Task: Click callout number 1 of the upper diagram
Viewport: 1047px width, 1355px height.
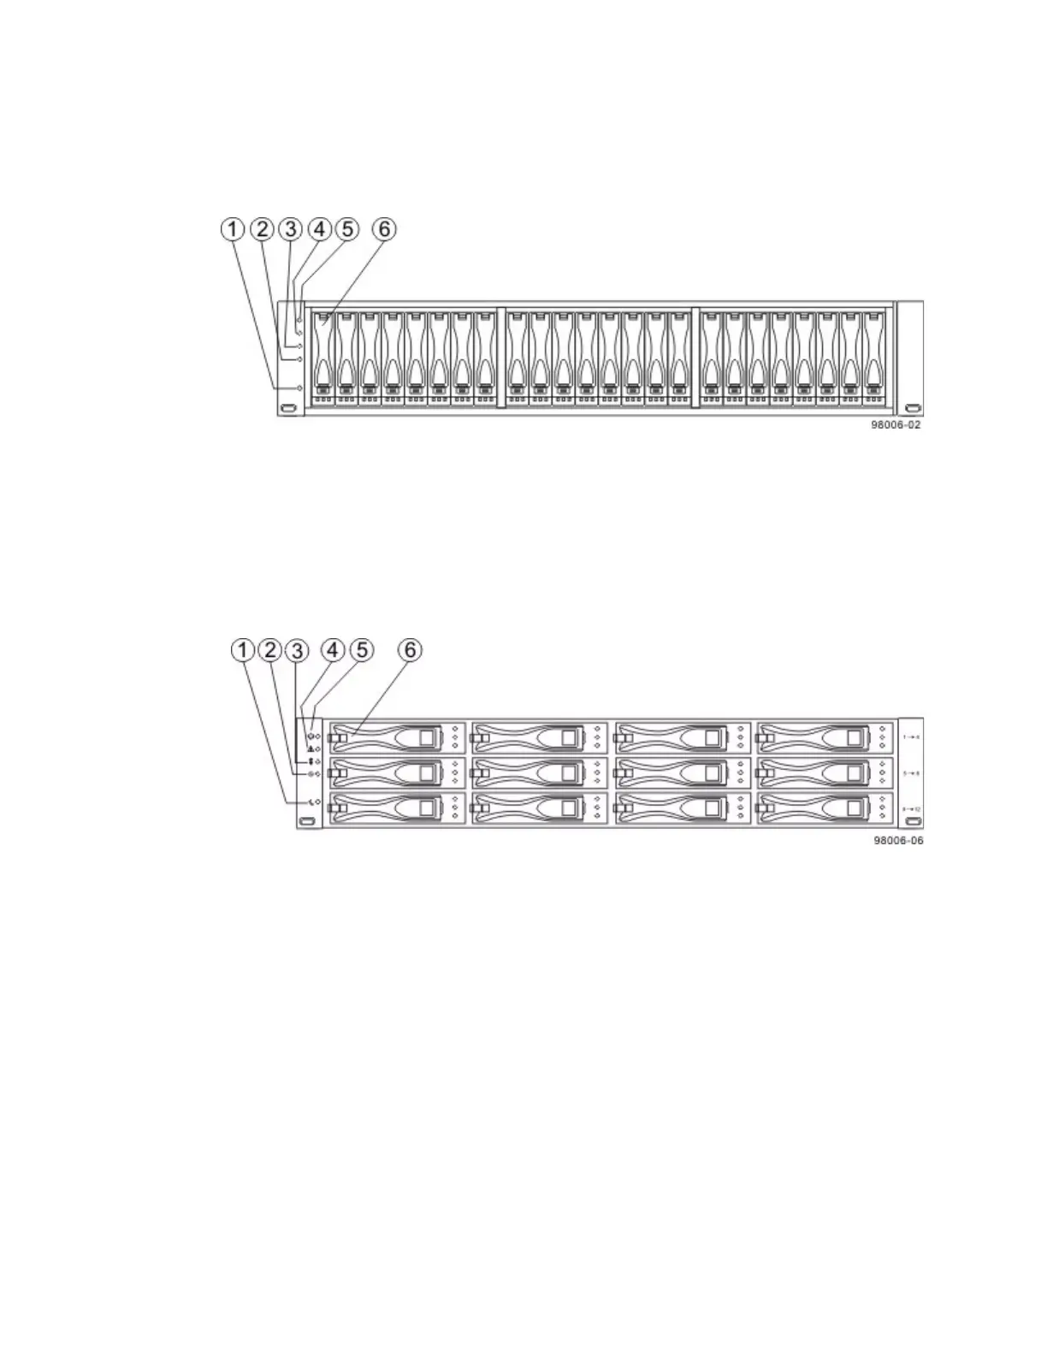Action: pos(232,229)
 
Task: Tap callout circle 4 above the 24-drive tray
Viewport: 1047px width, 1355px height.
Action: pos(319,229)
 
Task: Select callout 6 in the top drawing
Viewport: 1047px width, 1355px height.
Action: pos(385,229)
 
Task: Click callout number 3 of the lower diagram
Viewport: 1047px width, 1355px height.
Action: pos(298,651)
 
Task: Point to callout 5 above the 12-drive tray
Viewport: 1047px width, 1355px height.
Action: pos(361,651)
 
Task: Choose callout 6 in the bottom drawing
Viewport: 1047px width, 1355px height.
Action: pos(411,651)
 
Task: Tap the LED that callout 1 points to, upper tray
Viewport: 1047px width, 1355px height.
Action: pos(299,388)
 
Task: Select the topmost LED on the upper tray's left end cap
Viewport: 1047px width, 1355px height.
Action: pos(299,320)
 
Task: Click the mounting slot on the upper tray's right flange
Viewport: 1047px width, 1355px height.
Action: pos(911,409)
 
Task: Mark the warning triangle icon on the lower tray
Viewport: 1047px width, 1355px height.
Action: pos(311,749)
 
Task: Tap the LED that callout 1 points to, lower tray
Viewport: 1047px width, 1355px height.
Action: pos(318,802)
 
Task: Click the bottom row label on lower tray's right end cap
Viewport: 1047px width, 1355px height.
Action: pos(911,808)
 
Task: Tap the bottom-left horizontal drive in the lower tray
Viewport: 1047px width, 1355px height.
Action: pos(398,808)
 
